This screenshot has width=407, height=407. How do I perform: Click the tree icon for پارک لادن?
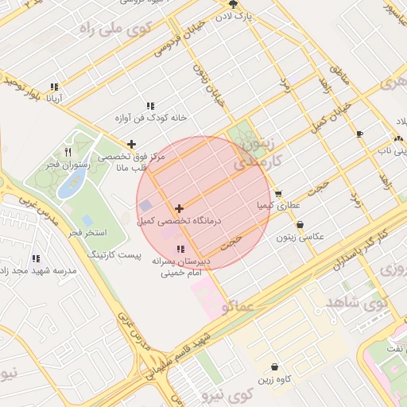coord(232,4)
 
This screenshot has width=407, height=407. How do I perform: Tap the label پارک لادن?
coord(235,16)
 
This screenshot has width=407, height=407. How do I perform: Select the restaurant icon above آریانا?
coord(54,87)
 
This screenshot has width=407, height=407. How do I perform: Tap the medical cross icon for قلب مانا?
coord(131,144)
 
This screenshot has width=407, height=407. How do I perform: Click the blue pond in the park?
coord(72,182)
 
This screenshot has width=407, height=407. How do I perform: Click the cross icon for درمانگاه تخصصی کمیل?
coord(179,207)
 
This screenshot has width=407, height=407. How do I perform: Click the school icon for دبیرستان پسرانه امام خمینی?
coord(180,249)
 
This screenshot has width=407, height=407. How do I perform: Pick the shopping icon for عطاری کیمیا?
coord(278,193)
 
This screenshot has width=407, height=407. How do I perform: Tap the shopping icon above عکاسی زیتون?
coord(300,225)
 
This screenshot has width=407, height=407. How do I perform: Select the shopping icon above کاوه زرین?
coord(274,367)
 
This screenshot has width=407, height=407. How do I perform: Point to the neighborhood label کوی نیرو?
coord(226,393)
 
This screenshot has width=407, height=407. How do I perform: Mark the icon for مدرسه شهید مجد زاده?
coord(37,258)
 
